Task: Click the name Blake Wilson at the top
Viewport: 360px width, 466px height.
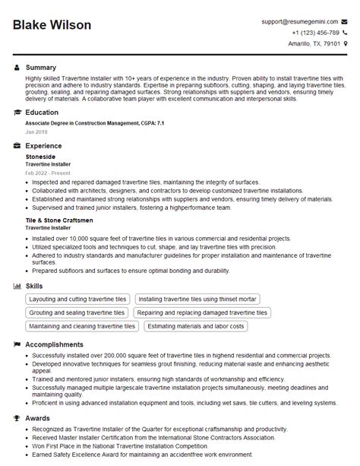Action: tap(52, 25)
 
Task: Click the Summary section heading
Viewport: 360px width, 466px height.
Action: tap(42, 68)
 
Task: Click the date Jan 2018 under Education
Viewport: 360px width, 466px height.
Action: tap(36, 132)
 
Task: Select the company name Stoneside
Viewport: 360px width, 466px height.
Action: tap(40, 156)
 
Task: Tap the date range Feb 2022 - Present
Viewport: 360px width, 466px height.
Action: tap(48, 173)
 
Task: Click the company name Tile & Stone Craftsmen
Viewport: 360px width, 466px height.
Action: tap(59, 220)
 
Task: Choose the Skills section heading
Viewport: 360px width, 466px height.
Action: tap(35, 285)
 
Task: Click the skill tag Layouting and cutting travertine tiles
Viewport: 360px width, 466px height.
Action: tap(78, 299)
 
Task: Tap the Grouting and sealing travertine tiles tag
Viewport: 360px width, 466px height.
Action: tap(77, 312)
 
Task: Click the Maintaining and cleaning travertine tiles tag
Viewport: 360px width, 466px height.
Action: tap(83, 326)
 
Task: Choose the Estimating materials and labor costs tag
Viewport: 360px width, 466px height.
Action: tap(196, 326)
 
